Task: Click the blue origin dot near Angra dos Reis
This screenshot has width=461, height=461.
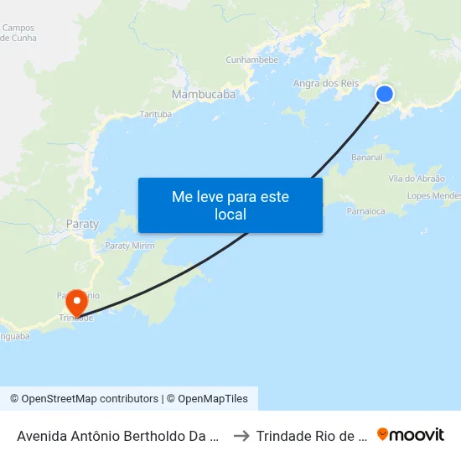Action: coord(385,94)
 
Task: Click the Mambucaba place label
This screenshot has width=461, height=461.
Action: coord(203,95)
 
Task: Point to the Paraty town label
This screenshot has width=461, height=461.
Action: coord(82,225)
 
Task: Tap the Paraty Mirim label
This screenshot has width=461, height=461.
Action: coord(129,246)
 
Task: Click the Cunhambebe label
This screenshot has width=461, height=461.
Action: coord(252,60)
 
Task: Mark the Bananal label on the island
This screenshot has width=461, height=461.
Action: coord(367,158)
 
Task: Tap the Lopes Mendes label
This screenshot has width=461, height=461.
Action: coord(433,196)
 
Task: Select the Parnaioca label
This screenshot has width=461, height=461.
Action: coord(366,211)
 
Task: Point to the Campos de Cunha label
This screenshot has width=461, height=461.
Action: coord(18,33)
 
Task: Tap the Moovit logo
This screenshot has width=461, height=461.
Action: coord(411,435)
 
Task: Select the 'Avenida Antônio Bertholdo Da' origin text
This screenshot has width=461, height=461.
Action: coord(118,436)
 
